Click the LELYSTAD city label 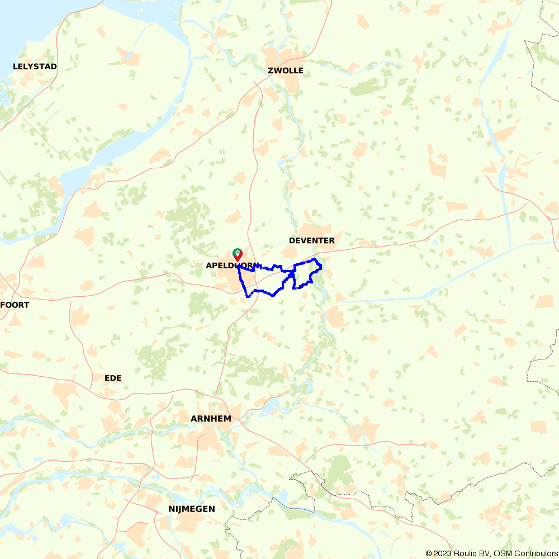pos(35,67)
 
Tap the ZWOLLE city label pos(286,70)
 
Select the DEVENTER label pos(312,240)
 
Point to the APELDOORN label pos(232,266)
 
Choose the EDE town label pos(113,378)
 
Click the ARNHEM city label pos(211,418)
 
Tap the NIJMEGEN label pos(192,509)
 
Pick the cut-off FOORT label pos(15,305)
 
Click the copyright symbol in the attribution pos(429,553)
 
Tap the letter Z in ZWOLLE pos(271,70)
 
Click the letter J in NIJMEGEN pos(180,509)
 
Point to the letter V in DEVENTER pos(305,240)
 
